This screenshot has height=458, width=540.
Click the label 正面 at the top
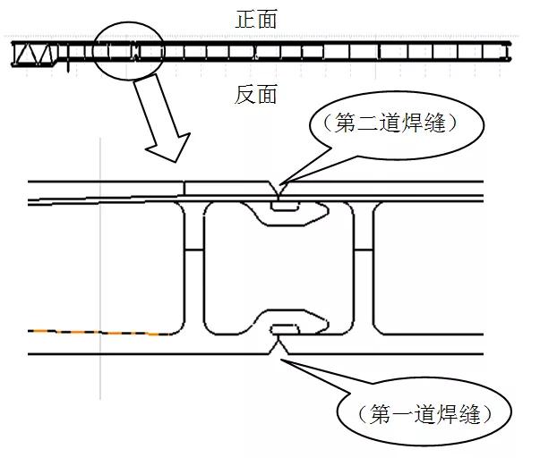point(256,19)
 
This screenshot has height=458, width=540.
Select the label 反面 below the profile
point(256,94)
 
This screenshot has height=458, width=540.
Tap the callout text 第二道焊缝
point(390,123)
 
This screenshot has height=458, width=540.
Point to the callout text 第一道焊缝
point(424,413)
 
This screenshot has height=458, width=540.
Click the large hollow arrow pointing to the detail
point(161,118)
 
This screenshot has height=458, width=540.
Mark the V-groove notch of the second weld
point(279,190)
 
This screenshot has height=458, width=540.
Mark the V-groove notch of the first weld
point(279,345)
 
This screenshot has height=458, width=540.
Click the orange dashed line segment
point(99,333)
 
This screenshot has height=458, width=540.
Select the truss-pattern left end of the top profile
point(34,54)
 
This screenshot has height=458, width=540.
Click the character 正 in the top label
point(245,19)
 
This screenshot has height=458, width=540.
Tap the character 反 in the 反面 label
point(244,94)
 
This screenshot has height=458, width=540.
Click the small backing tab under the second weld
point(285,206)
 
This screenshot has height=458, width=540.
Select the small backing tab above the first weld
point(285,329)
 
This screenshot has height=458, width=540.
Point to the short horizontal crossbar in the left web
point(194,250)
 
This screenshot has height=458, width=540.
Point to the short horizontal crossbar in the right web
point(364,250)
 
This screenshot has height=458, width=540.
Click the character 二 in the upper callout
point(368,123)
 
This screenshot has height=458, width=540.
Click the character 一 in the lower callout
point(403,414)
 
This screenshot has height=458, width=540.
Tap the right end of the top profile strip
point(510,51)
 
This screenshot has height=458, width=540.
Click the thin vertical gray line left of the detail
point(100,268)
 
